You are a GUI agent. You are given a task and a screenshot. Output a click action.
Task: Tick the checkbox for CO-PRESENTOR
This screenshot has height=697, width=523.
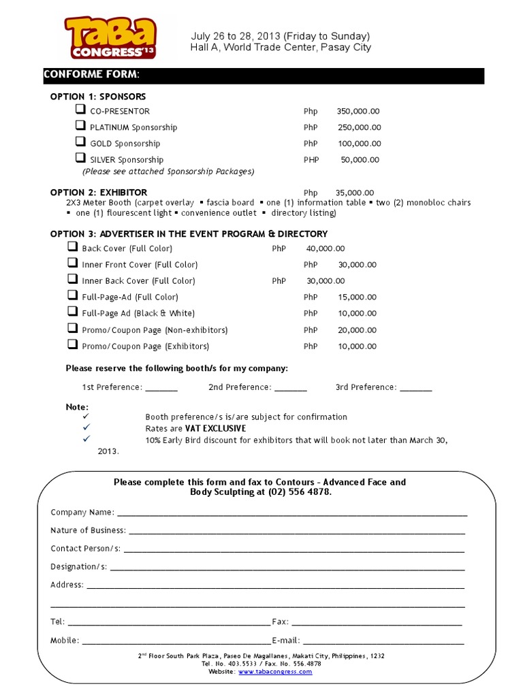[x=80, y=110]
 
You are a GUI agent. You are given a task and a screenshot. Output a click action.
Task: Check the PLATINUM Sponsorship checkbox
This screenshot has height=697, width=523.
[x=80, y=126]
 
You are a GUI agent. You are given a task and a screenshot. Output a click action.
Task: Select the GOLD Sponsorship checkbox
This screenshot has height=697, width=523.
[x=80, y=142]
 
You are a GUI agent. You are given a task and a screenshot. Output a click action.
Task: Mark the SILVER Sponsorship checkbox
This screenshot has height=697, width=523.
[x=80, y=159]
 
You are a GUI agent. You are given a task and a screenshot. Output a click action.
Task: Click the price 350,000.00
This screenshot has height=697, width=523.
[x=358, y=111]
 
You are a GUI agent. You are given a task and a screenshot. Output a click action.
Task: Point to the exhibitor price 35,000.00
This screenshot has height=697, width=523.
[x=355, y=193]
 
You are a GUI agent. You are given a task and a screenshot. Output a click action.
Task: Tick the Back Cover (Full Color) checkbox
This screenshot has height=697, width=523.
[x=72, y=247]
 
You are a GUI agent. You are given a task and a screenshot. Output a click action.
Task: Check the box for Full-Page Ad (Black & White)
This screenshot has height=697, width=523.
[x=72, y=312]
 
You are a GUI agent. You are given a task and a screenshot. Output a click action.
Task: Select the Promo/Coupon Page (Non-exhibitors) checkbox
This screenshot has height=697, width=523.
[x=72, y=328]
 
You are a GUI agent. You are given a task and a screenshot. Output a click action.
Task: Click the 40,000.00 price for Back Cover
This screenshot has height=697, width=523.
[x=326, y=248]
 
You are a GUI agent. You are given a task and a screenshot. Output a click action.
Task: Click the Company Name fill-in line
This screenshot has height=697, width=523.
[x=292, y=515]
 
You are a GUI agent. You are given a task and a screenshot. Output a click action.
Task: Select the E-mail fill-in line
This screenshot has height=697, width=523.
[x=383, y=643]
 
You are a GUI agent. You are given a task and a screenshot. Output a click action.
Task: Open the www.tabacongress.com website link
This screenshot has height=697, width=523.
[x=275, y=671]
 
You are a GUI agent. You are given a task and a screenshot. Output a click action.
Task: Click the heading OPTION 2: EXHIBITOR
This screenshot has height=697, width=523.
[x=99, y=193]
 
